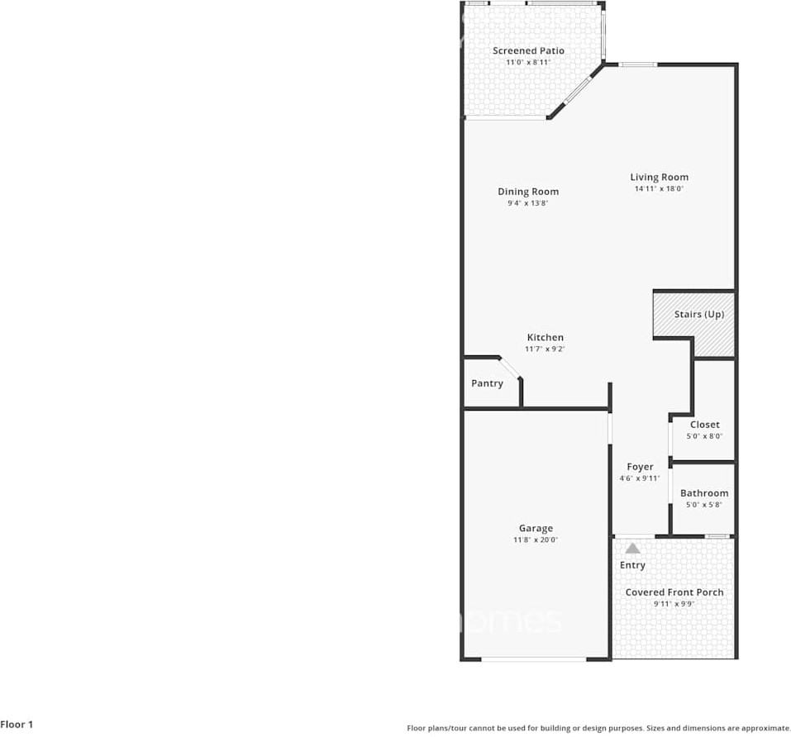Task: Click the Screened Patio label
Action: (528, 51)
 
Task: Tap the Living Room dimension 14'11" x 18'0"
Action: (659, 188)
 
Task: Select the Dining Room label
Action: (528, 192)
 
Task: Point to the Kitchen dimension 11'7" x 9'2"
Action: (546, 349)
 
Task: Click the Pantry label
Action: (487, 383)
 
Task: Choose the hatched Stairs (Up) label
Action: (699, 314)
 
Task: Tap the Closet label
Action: (704, 425)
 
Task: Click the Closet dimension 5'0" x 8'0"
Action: (704, 436)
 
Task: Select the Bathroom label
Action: (704, 493)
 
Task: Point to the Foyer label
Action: (640, 467)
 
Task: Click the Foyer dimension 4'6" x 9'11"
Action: (640, 478)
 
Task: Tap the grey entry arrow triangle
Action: (632, 548)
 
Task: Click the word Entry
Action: (632, 565)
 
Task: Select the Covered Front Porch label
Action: (674, 592)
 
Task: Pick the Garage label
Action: (536, 529)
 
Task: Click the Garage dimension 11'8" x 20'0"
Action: (536, 540)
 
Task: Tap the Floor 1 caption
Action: (17, 725)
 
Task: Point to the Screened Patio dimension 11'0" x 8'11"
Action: (528, 62)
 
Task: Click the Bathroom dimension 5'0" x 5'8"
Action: (704, 505)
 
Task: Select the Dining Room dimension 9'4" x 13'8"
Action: (528, 203)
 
